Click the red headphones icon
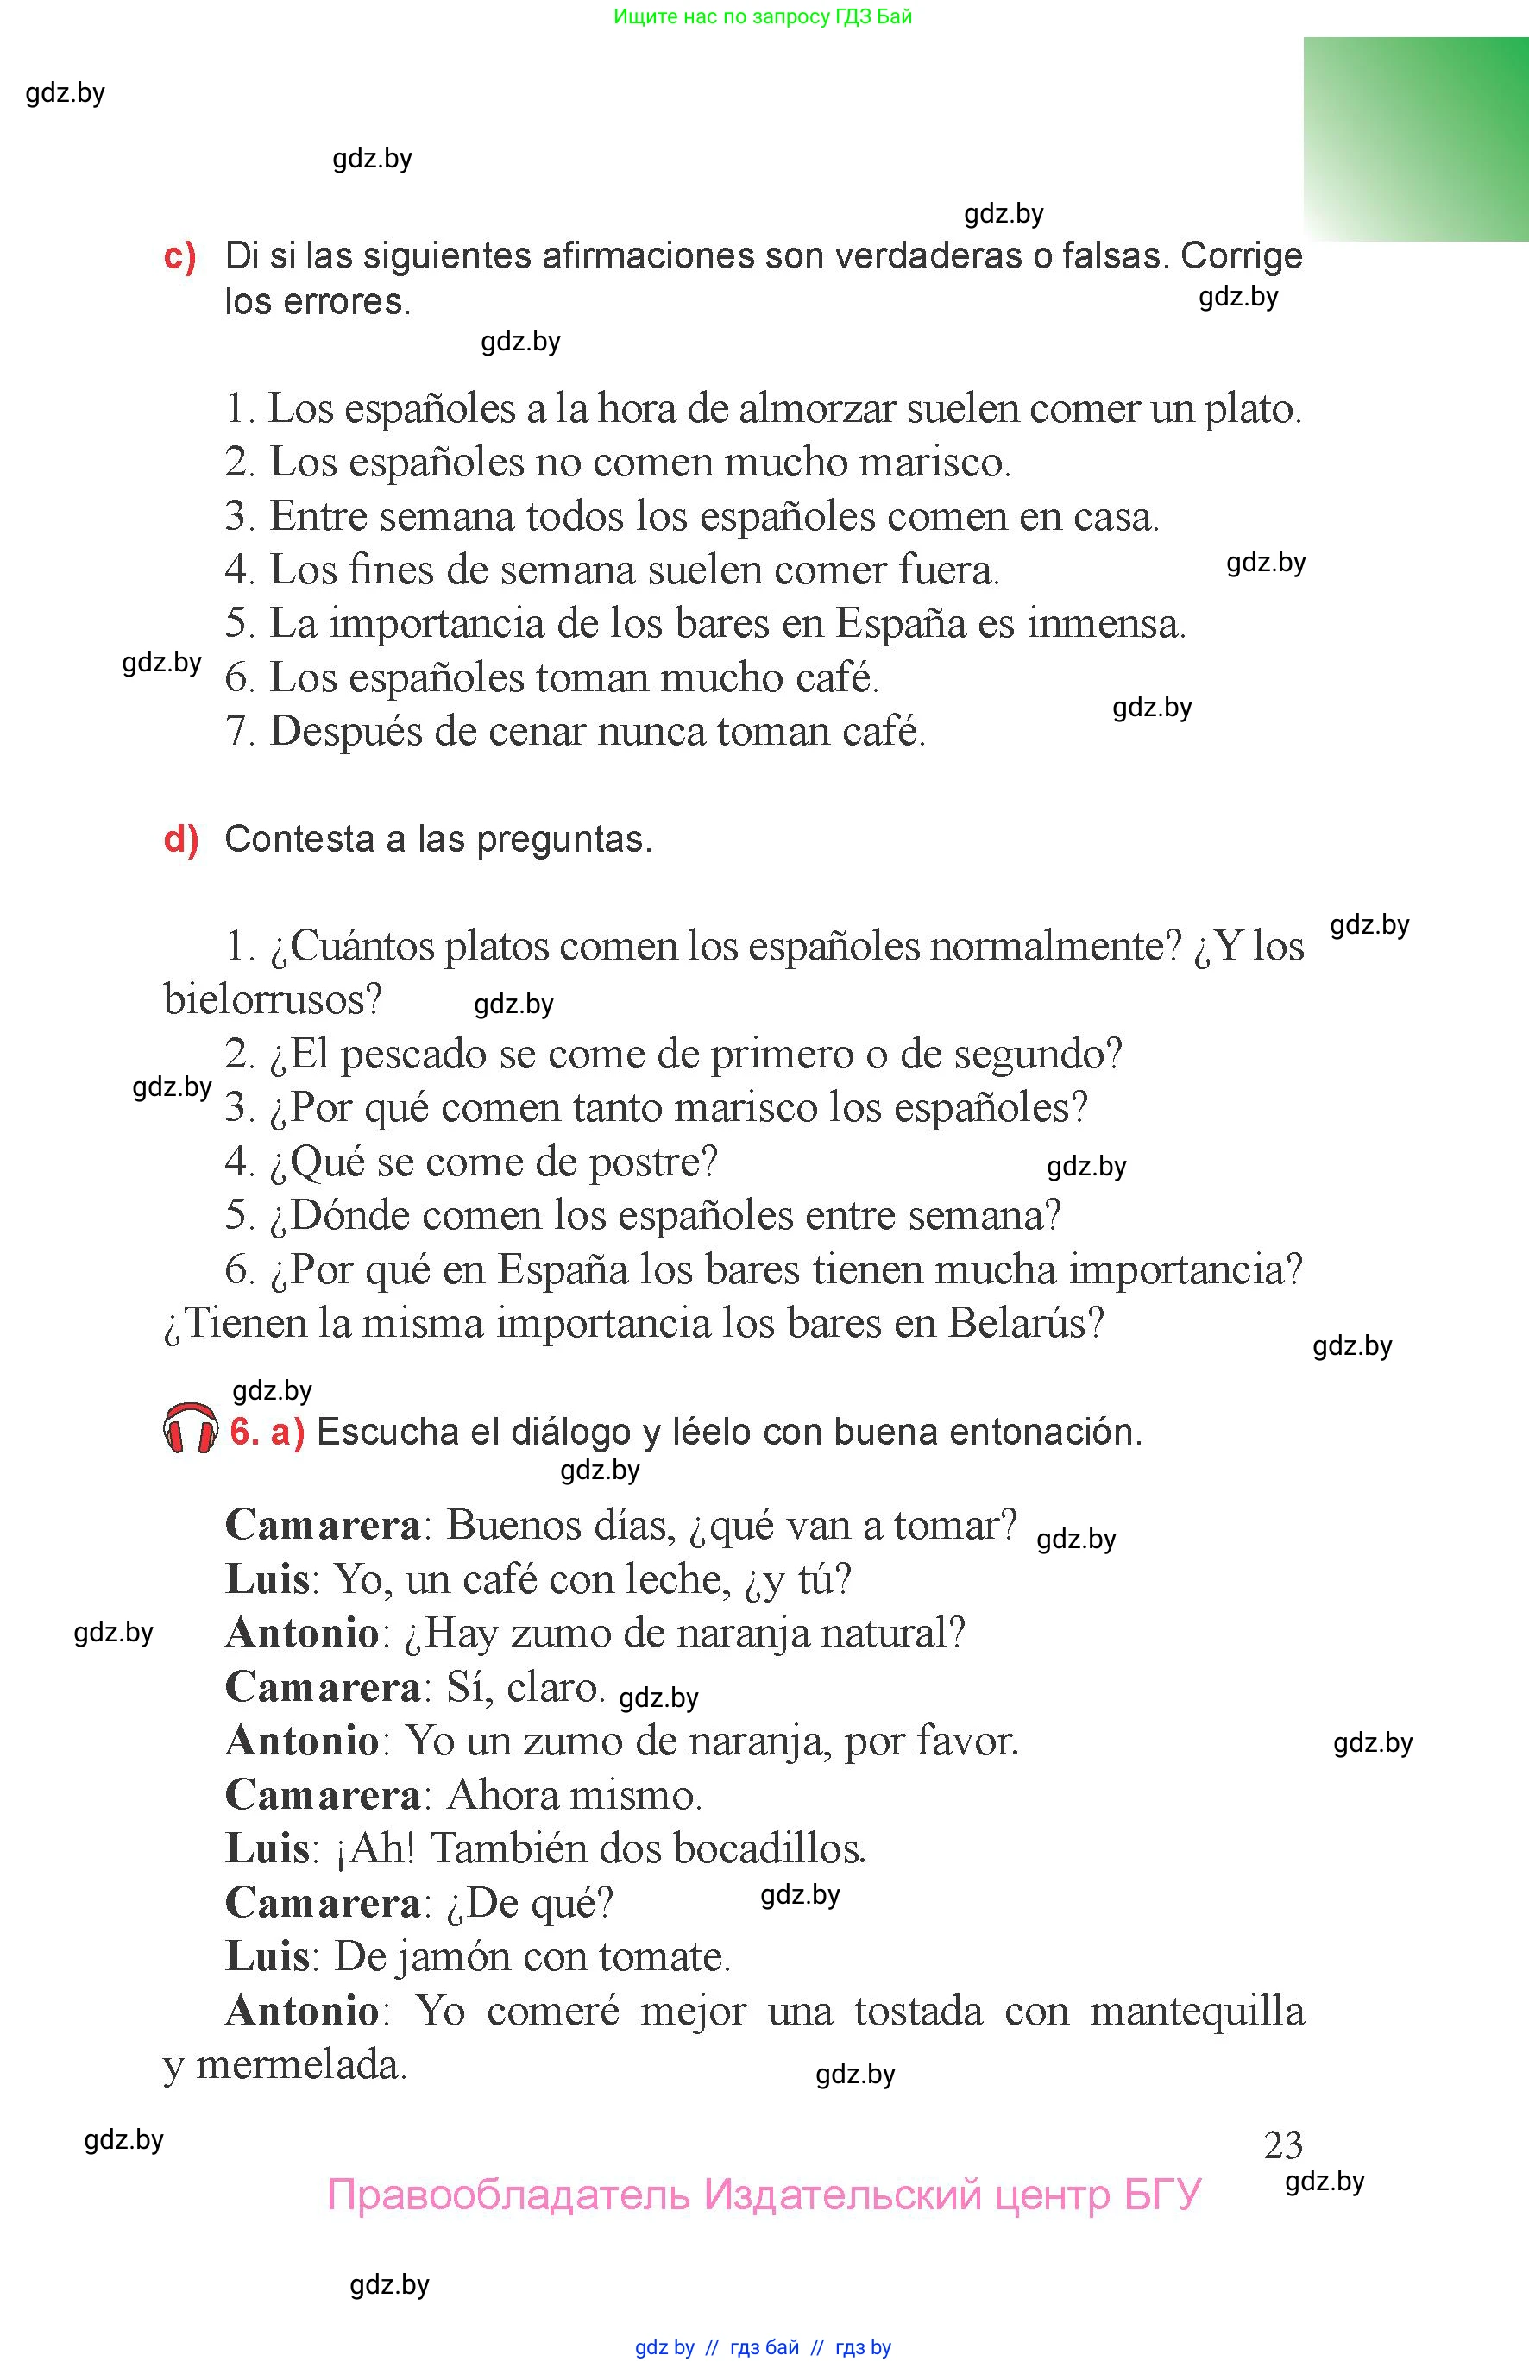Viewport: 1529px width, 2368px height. click(190, 1430)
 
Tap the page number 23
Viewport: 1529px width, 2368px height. click(1283, 2145)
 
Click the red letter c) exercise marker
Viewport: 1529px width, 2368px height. click(179, 257)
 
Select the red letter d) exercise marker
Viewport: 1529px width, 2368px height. click(180, 840)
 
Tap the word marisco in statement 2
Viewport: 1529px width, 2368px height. click(934, 463)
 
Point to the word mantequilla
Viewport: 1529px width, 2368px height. click(1197, 2012)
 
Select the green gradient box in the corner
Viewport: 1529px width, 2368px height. click(1416, 139)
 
